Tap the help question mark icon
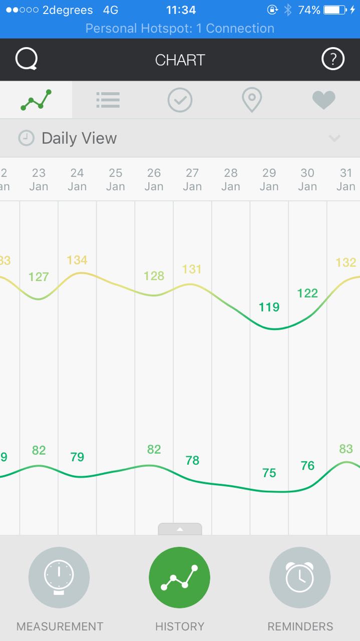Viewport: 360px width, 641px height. point(332,60)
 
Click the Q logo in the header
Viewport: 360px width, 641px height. point(27,60)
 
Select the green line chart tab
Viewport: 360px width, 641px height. point(36,100)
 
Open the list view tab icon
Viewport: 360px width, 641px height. point(108,100)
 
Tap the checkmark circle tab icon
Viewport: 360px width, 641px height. point(180,100)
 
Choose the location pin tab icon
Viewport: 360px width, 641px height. point(251,100)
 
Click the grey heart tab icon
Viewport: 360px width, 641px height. point(323,100)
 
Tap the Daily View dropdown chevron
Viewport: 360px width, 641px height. point(334,138)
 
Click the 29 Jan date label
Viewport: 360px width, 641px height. point(269,179)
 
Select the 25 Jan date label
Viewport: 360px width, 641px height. point(115,179)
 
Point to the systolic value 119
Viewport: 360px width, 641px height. point(269,307)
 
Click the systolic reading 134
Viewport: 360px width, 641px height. point(77,260)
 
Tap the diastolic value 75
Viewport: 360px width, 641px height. point(269,473)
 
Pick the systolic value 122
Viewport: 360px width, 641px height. point(307,293)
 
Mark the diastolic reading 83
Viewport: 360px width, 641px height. point(346,449)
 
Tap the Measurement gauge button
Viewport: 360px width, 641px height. point(59,577)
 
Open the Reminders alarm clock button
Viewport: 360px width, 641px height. point(300,577)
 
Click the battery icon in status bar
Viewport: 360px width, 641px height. point(335,10)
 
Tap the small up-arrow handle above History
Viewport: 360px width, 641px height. point(180,529)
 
